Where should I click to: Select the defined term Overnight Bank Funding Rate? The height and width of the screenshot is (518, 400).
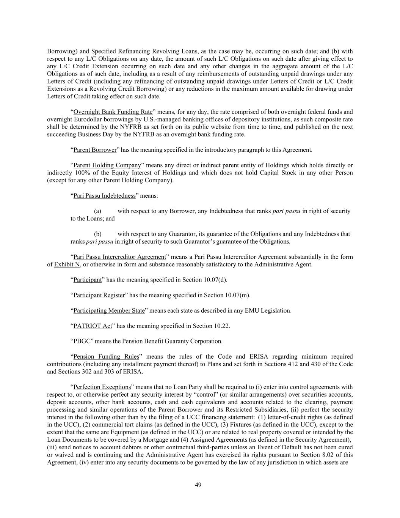click(x=113, y=112)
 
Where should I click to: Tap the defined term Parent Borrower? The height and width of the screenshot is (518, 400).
click(x=95, y=150)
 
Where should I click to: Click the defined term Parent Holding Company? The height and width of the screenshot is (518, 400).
click(x=107, y=165)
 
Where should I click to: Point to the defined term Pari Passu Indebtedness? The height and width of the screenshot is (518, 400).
click(x=104, y=195)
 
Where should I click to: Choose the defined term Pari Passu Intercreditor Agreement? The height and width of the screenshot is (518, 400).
click(x=119, y=257)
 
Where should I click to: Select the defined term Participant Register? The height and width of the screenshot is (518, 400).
click(x=99, y=295)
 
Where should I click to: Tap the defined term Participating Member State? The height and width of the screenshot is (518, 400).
click(x=109, y=310)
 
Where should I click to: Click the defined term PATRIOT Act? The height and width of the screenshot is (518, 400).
click(x=93, y=326)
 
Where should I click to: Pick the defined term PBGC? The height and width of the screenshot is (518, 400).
click(x=82, y=341)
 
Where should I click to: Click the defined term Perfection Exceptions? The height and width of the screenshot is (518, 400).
click(x=102, y=387)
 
